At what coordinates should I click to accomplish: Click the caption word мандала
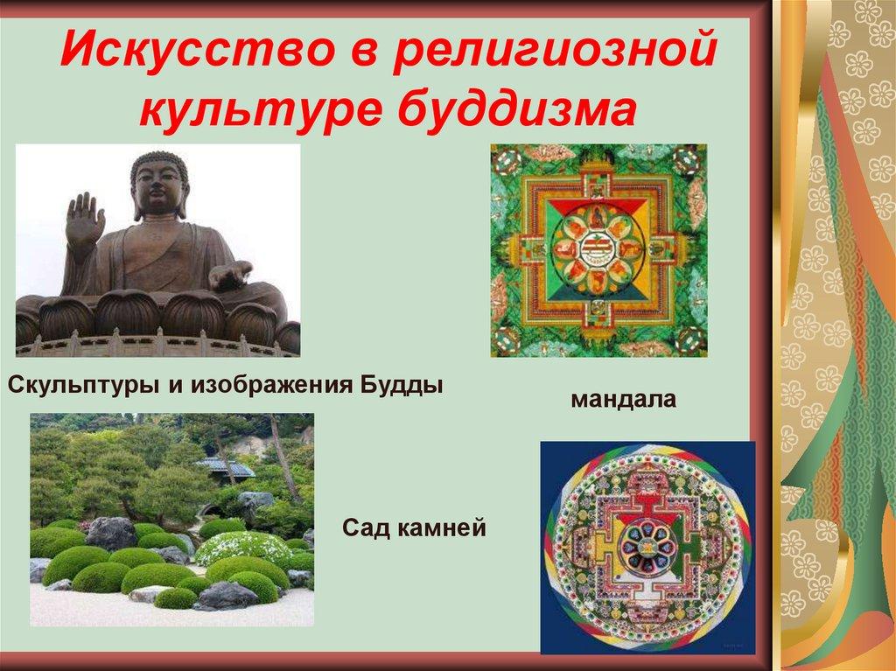point(624,400)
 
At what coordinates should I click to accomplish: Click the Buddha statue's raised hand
point(85,219)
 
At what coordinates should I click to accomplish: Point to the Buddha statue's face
point(160,184)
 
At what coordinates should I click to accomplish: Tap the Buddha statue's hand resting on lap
point(230,278)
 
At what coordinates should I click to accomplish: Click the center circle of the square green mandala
point(598,249)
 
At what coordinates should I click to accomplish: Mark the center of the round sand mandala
point(647,546)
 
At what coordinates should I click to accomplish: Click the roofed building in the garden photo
point(225,468)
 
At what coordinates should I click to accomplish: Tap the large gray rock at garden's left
point(111,533)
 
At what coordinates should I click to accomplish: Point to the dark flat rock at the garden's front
point(226,597)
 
